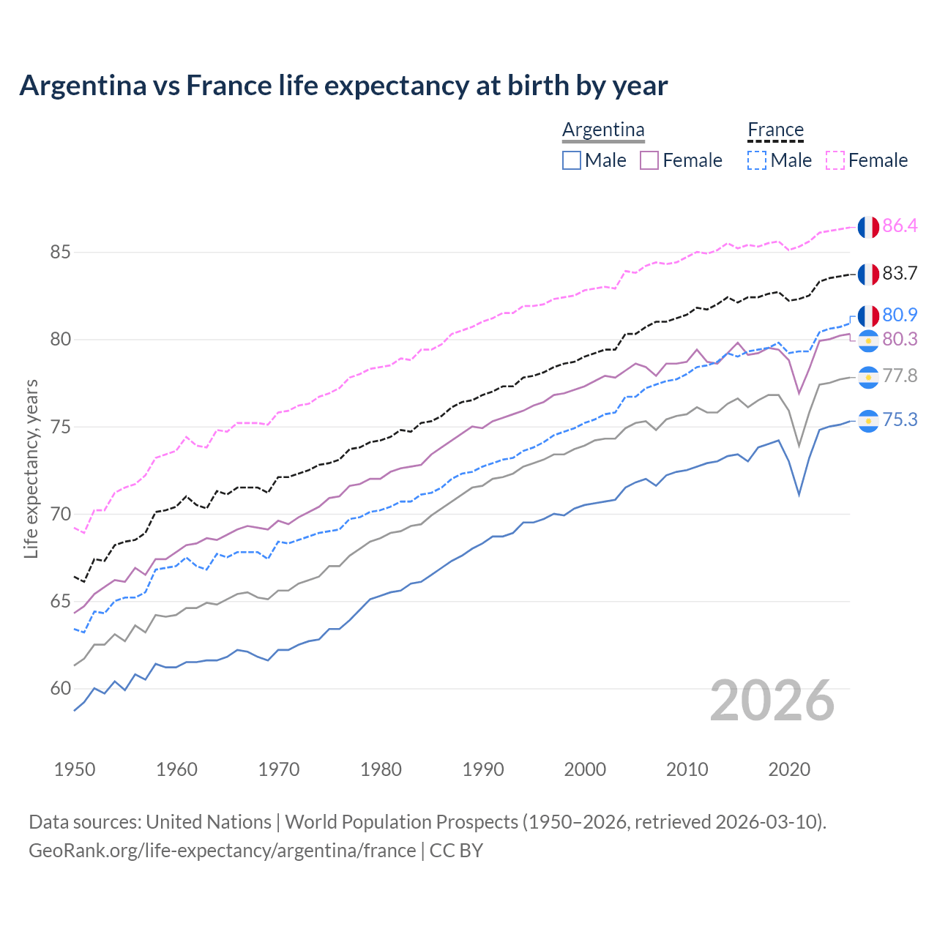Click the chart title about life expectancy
(343, 86)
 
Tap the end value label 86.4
(900, 226)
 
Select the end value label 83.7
(900, 274)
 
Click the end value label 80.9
(900, 316)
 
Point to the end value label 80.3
(900, 340)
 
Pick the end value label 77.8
(900, 376)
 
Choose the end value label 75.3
(900, 420)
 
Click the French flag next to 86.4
(868, 227)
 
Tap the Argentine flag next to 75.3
(868, 421)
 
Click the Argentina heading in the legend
(603, 130)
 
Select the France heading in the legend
(775, 130)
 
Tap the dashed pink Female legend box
(835, 160)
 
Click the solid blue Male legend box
(572, 160)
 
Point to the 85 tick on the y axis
(60, 253)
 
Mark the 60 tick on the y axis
(60, 689)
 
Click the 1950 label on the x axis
(75, 769)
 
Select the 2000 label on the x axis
(585, 769)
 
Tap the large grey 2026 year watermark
(772, 701)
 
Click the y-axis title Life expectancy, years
(31, 468)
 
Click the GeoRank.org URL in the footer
(222, 851)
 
